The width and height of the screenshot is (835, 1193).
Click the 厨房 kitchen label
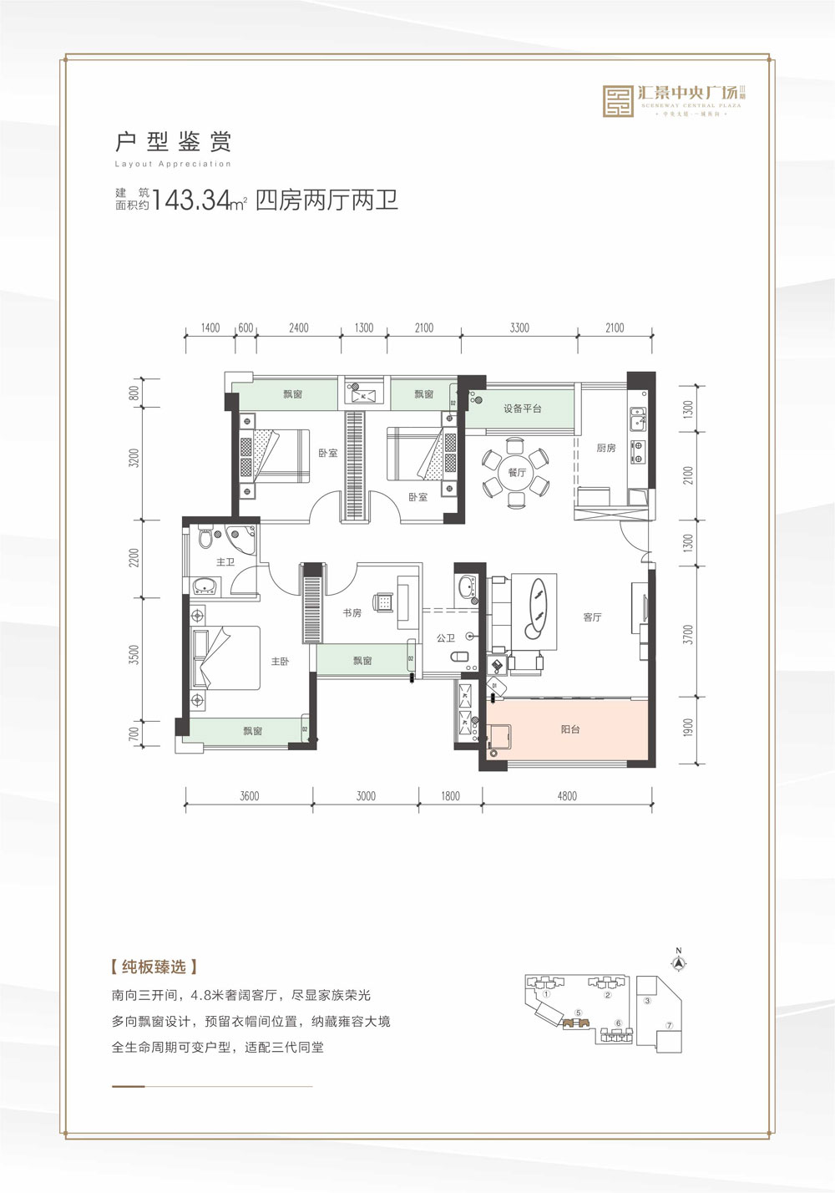tap(605, 449)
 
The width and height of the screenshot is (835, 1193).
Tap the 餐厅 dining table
tap(517, 473)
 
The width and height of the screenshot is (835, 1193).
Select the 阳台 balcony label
tap(570, 729)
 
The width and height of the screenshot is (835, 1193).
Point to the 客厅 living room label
tap(592, 617)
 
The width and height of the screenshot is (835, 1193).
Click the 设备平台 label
tap(522, 409)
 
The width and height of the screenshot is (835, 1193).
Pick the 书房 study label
tap(352, 612)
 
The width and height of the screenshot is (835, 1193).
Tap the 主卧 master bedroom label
tap(279, 661)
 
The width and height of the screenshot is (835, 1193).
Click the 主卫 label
tap(225, 562)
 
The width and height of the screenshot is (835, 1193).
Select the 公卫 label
tap(445, 637)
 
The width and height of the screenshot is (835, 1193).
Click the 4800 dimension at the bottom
tap(567, 796)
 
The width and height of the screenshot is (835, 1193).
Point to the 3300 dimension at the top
tap(519, 328)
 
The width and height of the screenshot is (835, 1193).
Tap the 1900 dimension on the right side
tap(688, 728)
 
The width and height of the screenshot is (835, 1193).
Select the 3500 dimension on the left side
tap(134, 655)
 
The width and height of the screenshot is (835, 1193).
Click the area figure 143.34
tap(193, 201)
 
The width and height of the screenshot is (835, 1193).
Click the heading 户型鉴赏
tap(173, 140)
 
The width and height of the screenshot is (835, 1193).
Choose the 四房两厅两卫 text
tap(326, 201)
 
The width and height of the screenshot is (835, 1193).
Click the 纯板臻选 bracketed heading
tap(154, 967)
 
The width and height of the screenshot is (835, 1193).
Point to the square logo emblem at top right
tap(619, 101)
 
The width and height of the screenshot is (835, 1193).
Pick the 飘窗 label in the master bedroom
tap(253, 731)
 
